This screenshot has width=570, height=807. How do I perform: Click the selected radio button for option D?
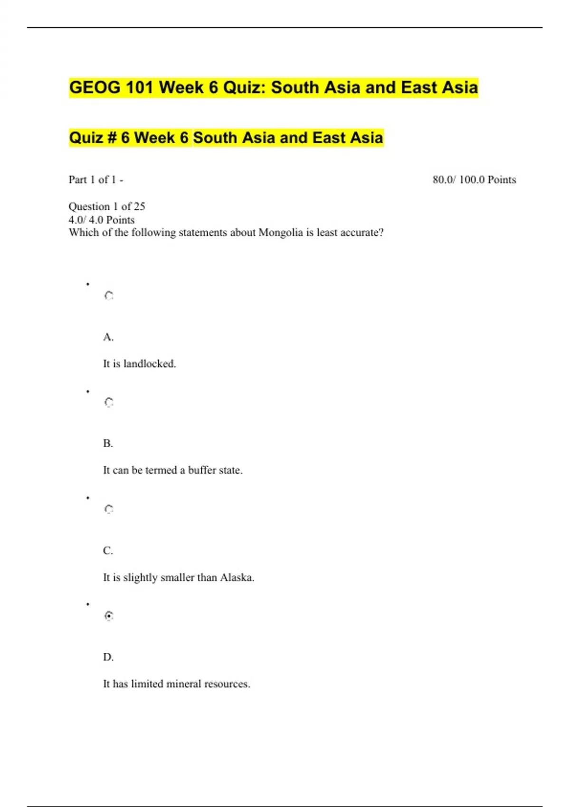(109, 616)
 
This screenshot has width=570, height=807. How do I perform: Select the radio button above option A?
(109, 296)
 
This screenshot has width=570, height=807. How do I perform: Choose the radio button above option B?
(109, 403)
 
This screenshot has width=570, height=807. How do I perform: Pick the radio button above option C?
(109, 509)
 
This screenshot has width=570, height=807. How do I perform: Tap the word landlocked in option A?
(149, 364)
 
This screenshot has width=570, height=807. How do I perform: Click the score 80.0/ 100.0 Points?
(474, 179)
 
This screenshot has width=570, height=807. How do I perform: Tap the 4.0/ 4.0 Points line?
(102, 220)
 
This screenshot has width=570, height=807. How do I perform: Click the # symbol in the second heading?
(112, 138)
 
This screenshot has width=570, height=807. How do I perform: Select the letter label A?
(108, 337)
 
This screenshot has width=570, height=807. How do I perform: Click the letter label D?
(108, 657)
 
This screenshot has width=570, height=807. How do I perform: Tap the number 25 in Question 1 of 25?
(139, 206)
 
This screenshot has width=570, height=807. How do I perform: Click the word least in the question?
(327, 233)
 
